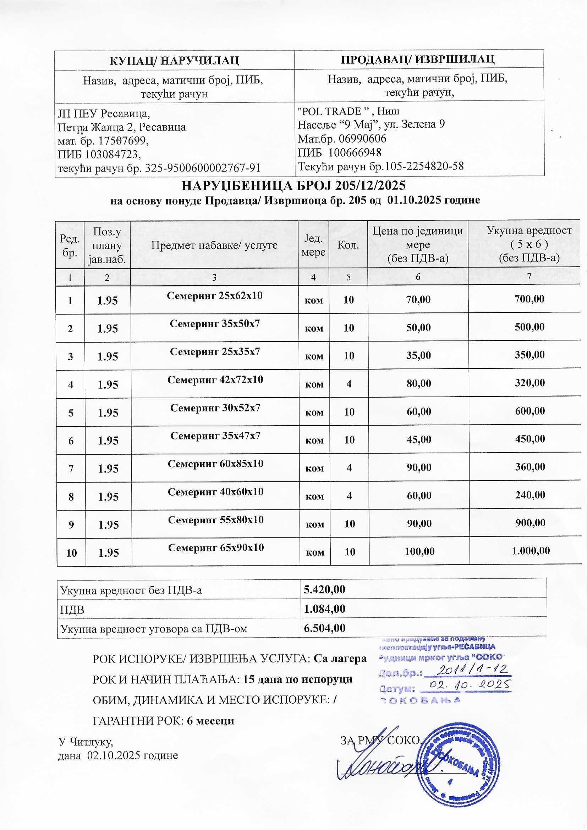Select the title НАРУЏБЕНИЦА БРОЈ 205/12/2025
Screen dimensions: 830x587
293,185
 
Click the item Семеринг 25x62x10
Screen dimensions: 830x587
215,296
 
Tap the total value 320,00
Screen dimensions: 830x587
530,383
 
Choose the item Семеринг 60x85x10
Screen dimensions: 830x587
215,463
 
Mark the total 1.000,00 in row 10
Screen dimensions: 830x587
531,551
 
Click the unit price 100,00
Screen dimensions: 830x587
419,551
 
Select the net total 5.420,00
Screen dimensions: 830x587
324,590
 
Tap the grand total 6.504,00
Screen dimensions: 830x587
324,628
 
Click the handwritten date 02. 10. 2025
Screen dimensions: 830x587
469,685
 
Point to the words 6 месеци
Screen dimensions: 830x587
210,720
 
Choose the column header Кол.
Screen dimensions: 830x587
348,245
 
